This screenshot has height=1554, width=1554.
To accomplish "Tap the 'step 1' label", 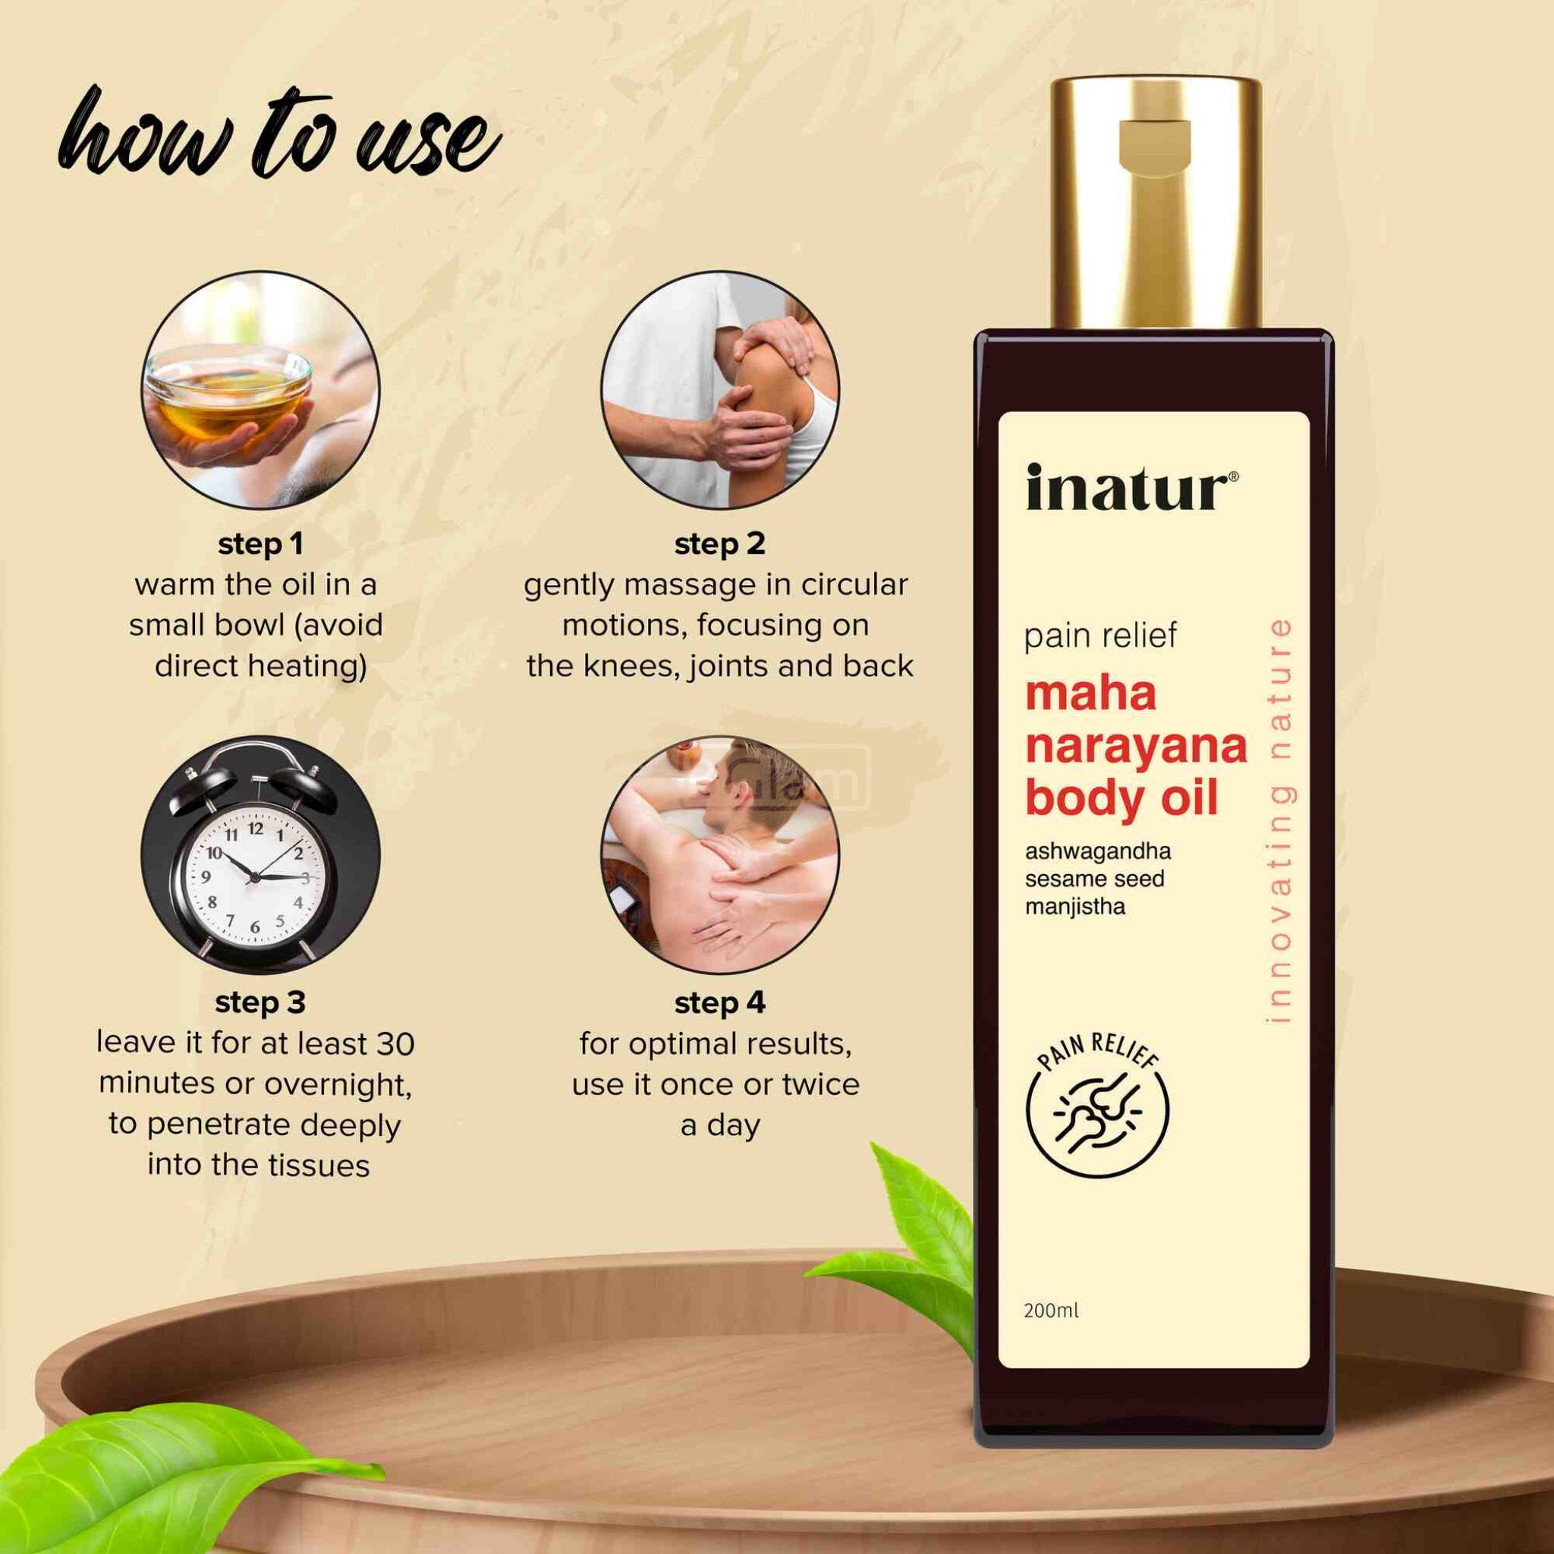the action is point(260,545).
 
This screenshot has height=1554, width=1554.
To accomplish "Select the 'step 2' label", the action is point(720,545).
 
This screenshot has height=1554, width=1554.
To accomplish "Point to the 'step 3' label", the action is point(260,1003).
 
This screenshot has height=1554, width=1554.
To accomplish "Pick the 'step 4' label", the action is point(720,1003).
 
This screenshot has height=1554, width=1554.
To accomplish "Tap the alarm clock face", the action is point(256,876).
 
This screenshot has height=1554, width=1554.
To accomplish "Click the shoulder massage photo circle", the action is point(720,390).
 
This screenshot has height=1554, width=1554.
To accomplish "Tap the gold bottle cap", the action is point(1155,203).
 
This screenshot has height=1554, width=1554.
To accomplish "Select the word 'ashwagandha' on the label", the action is point(1098,851).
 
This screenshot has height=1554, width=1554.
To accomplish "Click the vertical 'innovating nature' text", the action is point(1278,819).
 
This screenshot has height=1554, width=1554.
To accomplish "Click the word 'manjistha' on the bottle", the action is point(1074,908).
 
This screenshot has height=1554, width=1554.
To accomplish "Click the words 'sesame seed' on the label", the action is point(1095,879).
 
